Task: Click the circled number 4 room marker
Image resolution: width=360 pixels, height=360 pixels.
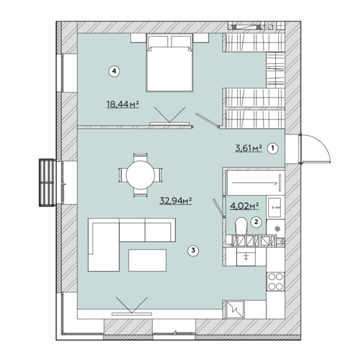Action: click(114, 71)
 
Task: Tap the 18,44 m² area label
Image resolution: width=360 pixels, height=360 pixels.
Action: click(122, 104)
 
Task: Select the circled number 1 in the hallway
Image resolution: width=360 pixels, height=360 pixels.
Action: click(273, 148)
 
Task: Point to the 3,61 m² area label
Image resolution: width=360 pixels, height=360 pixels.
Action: click(248, 148)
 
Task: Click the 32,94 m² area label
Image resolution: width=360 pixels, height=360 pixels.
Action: click(176, 200)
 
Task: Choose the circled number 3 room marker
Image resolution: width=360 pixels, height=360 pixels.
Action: click(193, 250)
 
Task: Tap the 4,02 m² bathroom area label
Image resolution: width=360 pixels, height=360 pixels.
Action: click(245, 206)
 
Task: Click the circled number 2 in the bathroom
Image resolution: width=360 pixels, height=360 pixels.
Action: click(256, 222)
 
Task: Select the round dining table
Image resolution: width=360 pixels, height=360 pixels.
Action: click(140, 175)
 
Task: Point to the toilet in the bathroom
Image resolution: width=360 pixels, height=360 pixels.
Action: click(241, 226)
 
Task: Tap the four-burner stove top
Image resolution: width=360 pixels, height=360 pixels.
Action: click(275, 281)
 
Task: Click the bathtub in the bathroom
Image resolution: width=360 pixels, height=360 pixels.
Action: click(256, 183)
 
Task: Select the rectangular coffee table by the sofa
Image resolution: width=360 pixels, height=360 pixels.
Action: click(147, 260)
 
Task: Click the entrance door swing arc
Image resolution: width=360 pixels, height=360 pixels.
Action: click(321, 145)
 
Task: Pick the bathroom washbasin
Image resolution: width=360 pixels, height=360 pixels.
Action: click(275, 208)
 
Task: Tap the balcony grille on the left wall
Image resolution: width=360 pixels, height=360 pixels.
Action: click(47, 182)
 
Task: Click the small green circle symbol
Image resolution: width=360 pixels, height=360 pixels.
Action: click(283, 241)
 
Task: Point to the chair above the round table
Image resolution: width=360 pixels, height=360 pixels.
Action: click(140, 157)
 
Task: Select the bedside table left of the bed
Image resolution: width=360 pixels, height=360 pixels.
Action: click(139, 38)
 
